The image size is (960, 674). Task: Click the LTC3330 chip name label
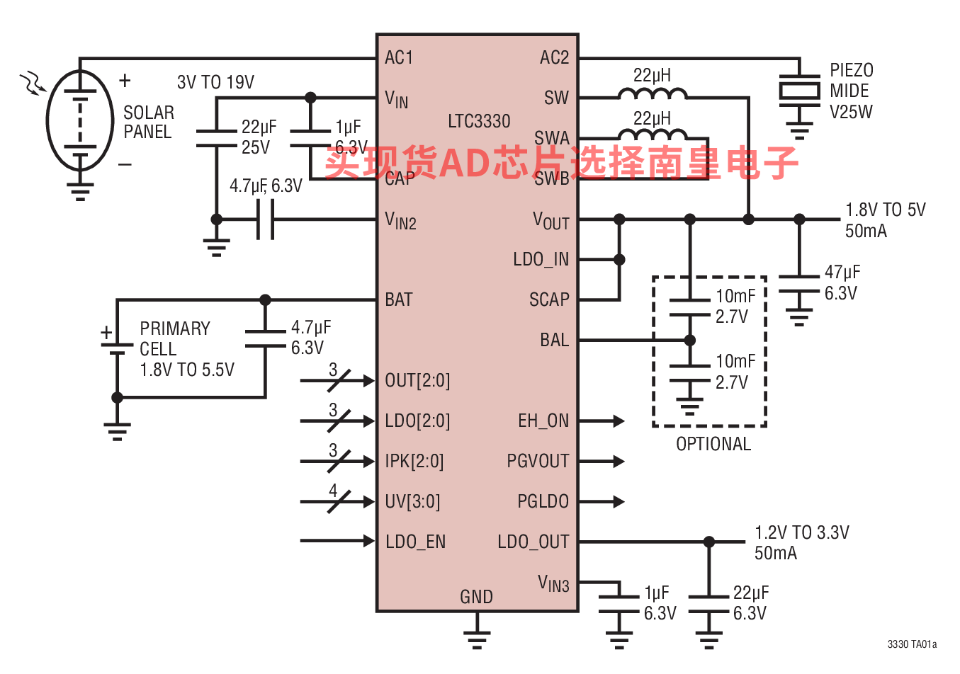[479, 122]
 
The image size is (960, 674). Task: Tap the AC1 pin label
[399, 58]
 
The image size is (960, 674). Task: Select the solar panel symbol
[80, 121]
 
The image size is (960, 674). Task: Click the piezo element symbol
[799, 91]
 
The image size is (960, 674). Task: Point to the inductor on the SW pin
[652, 93]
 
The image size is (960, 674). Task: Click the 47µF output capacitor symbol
[799, 284]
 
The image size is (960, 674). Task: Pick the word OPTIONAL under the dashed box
[713, 445]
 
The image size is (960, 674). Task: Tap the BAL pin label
[554, 341]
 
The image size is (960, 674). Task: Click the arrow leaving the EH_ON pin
[602, 421]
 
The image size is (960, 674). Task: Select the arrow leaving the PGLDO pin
[602, 502]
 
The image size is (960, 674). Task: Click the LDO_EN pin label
[415, 542]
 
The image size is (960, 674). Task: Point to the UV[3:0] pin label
[412, 502]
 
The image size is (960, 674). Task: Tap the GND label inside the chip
[476, 598]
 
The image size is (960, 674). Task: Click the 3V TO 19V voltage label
[215, 83]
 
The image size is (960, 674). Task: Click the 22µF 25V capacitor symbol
[217, 138]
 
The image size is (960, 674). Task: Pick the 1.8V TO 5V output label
[885, 210]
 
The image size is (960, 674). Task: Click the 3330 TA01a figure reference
[912, 644]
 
